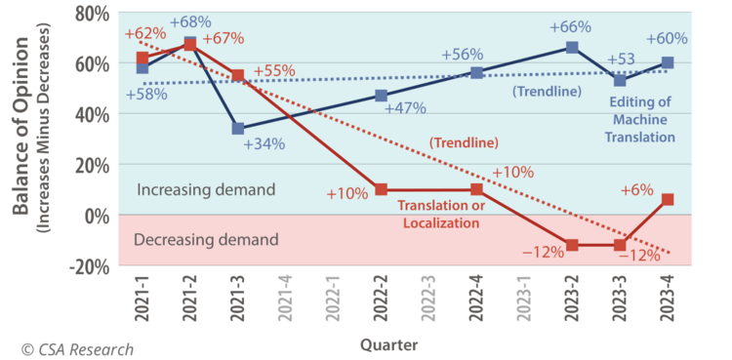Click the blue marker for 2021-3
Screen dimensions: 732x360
point(237,129)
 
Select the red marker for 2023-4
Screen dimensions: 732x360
point(668,199)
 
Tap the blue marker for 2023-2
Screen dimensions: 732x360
point(572,47)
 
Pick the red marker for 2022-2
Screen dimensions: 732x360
point(381,189)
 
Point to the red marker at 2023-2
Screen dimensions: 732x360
point(572,245)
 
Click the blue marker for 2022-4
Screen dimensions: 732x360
point(476,73)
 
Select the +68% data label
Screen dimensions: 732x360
point(190,21)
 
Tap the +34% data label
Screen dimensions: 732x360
point(264,143)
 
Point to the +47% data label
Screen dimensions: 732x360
point(405,108)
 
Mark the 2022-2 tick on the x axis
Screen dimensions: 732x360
point(381,298)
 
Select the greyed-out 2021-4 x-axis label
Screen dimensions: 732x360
point(285,298)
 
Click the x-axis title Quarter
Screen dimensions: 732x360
point(388,345)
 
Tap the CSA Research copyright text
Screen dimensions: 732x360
point(77,349)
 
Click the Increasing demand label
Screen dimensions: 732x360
point(206,190)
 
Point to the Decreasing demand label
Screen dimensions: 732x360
point(206,240)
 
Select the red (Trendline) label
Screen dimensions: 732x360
point(464,142)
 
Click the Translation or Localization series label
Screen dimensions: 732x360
point(441,215)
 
